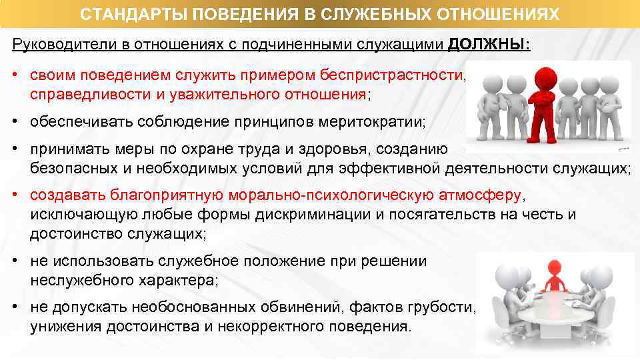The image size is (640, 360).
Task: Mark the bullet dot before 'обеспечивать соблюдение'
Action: click(15, 123)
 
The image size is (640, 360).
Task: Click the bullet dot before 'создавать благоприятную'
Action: click(15, 196)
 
